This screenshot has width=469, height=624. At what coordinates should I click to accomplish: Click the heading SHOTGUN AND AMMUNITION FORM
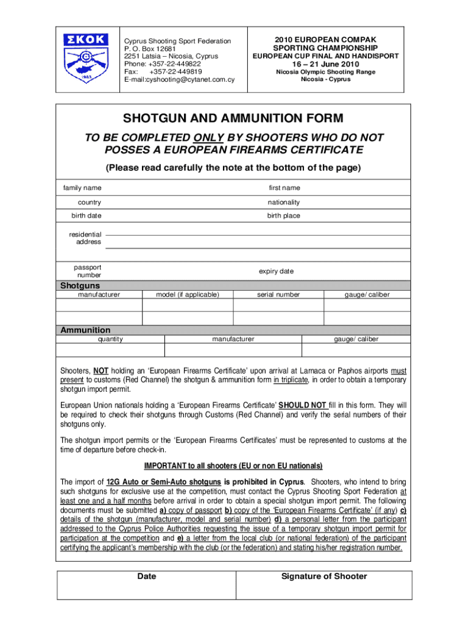click(x=233, y=118)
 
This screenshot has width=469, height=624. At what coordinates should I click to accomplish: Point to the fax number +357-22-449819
click(x=175, y=71)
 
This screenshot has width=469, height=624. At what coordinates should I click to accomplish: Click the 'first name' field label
click(x=284, y=188)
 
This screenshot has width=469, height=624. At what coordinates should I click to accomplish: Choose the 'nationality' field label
click(x=283, y=202)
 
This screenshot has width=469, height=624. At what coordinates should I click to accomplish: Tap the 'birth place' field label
click(x=283, y=216)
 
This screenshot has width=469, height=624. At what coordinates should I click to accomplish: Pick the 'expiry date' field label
click(x=276, y=271)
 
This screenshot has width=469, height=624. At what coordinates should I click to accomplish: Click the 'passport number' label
click(x=88, y=271)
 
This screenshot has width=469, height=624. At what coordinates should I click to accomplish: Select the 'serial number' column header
click(x=278, y=294)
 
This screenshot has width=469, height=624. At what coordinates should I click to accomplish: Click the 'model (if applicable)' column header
click(x=187, y=294)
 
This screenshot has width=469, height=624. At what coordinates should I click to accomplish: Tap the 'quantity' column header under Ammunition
click(x=110, y=339)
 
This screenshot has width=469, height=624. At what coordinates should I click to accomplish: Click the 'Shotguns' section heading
click(x=80, y=285)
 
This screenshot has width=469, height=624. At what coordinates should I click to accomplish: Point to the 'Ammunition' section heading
click(x=85, y=330)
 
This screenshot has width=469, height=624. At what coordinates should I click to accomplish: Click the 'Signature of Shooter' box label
click(x=324, y=576)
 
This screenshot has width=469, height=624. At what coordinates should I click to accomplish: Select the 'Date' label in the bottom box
click(x=147, y=576)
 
